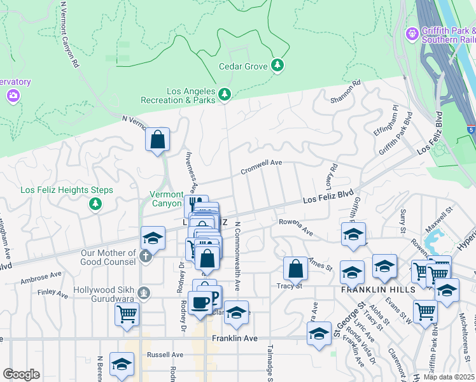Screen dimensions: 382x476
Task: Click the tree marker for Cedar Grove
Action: pos(277,65)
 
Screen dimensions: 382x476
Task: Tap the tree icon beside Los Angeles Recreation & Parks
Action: pos(224,95)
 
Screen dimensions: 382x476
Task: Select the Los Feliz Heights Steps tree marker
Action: pos(95,203)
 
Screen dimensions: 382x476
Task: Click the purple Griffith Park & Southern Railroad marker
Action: pos(412,32)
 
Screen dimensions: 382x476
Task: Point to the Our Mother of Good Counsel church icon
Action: pos(145,257)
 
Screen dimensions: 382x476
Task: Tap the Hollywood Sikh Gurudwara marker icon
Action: pos(145,293)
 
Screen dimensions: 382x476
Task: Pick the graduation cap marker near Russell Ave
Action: pos(121,364)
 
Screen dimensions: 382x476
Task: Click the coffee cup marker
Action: pos(200,303)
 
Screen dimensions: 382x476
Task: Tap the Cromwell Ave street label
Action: pos(261,167)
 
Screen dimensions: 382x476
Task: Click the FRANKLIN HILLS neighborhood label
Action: pos(378,289)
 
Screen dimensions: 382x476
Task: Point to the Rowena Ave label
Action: pos(296,227)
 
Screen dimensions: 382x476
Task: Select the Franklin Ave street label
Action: pos(235,339)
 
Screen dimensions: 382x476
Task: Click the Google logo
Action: pos(21,374)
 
